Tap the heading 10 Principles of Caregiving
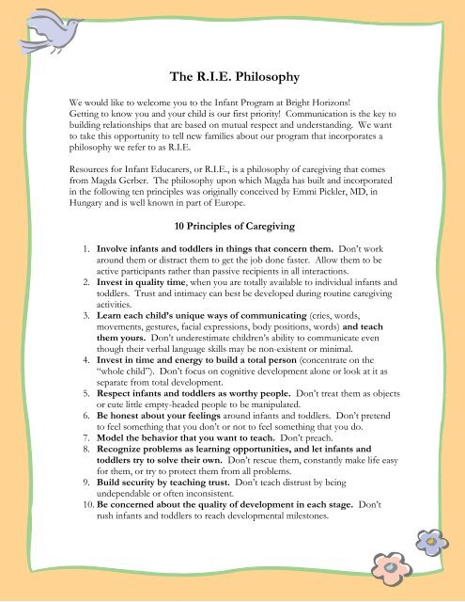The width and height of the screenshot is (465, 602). (x=232, y=225)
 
